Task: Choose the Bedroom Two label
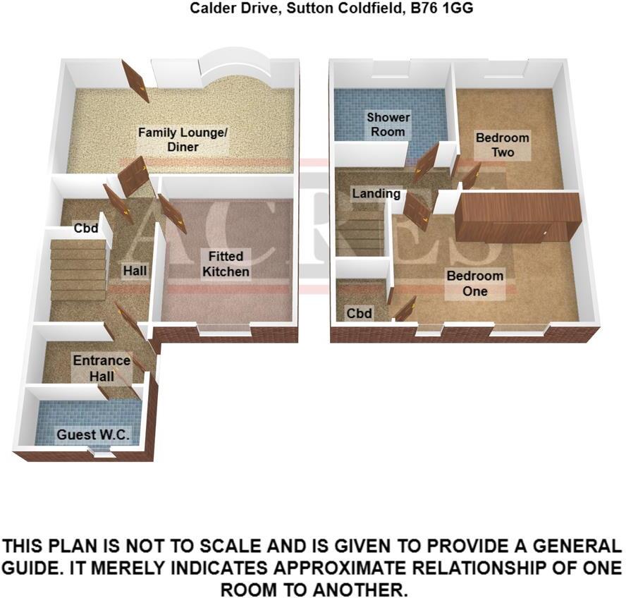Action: click(502, 145)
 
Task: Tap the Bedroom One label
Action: click(475, 283)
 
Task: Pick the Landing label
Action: click(376, 193)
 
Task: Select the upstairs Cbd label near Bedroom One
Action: click(360, 313)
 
